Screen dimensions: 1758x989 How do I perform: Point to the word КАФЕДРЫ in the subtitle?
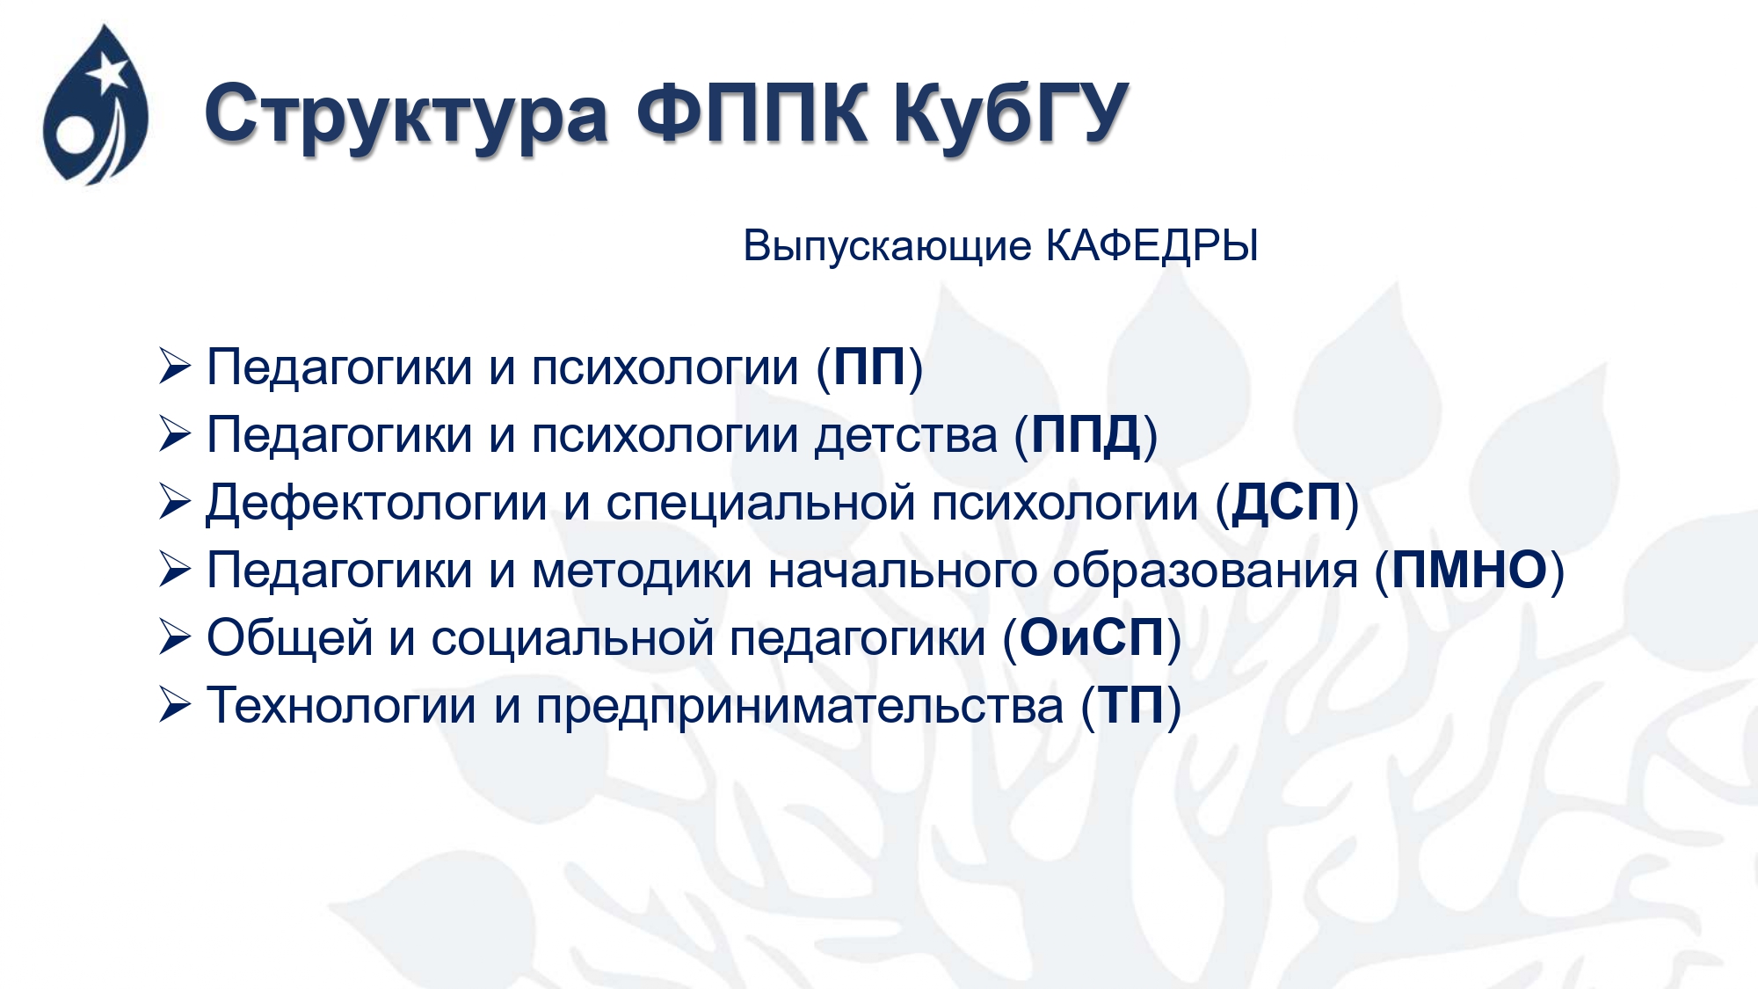(1151, 246)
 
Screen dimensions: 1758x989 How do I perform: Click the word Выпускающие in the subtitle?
(887, 247)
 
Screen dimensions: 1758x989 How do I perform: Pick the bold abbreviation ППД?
(1086, 436)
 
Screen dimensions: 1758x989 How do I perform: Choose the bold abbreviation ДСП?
(1287, 504)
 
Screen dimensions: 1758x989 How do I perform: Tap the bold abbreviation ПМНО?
(1470, 571)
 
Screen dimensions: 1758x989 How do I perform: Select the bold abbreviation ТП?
(1132, 706)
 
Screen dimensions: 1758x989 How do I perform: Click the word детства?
(906, 436)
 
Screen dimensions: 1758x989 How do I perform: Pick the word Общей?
(290, 638)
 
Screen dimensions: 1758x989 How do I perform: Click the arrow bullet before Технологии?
(175, 705)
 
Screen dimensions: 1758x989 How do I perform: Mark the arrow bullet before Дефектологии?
(175, 502)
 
